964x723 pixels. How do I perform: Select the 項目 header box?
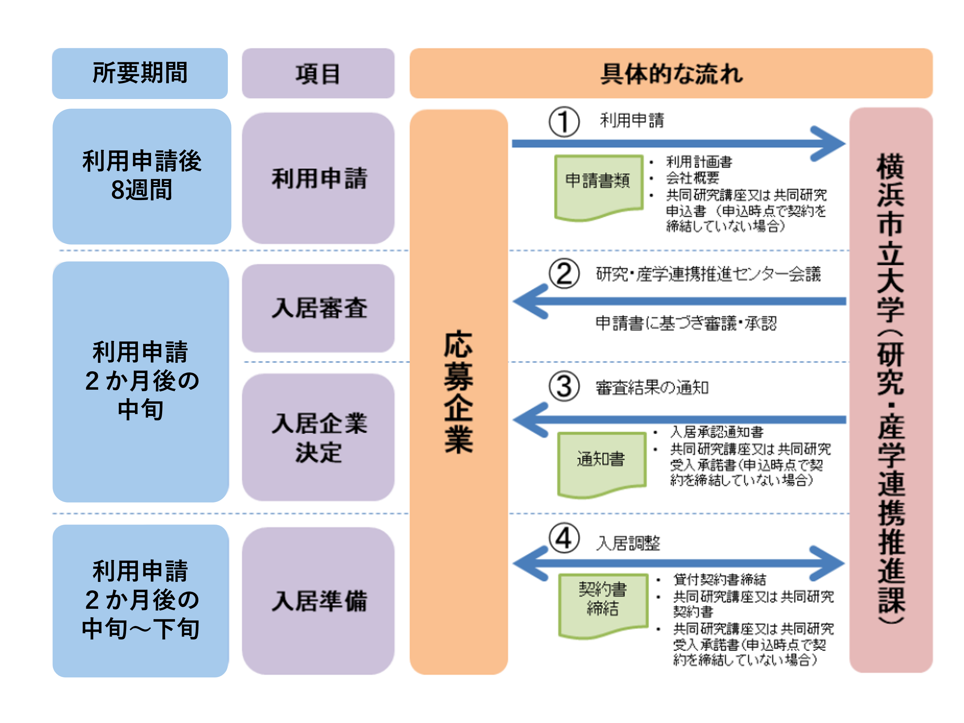(318, 73)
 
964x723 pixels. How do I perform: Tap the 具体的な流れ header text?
(671, 74)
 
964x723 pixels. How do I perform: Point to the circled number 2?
(564, 274)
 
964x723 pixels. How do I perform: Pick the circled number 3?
(564, 386)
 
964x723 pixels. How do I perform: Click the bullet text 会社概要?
(692, 178)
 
